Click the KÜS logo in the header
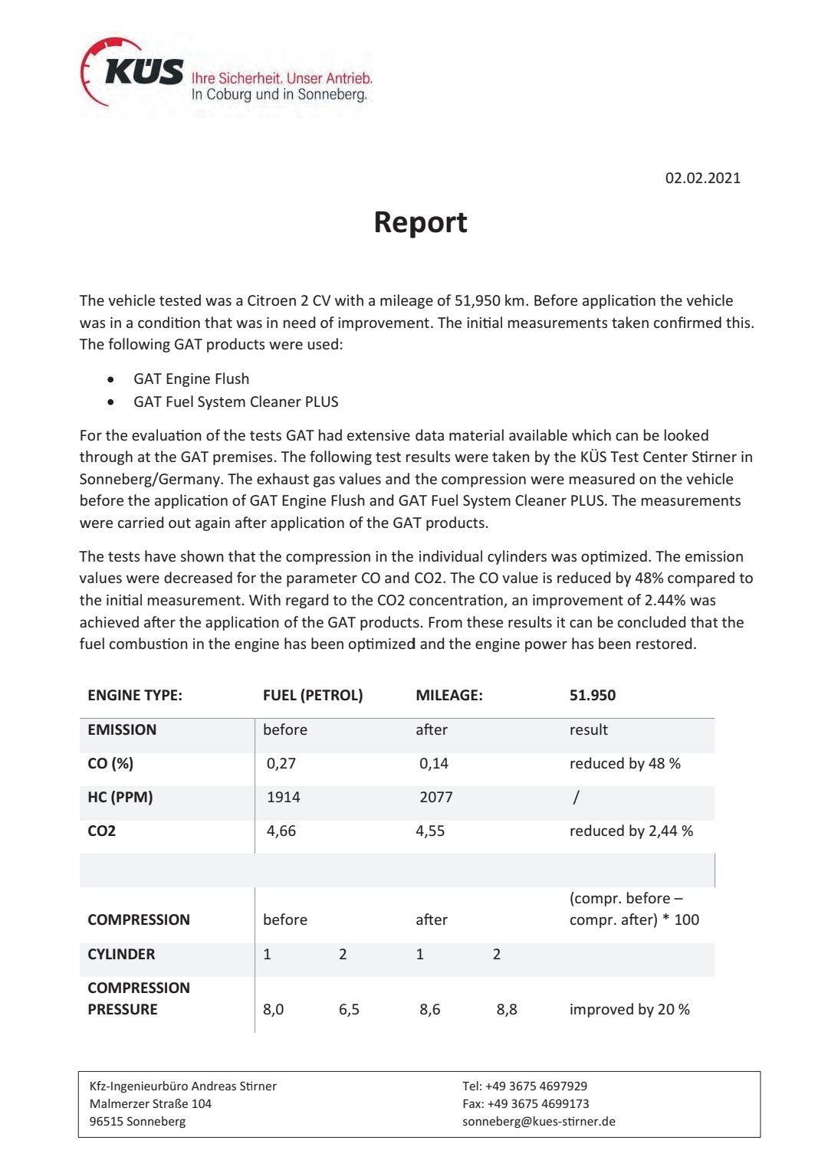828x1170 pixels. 134,73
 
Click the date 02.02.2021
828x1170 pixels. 702,178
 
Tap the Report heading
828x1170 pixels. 420,222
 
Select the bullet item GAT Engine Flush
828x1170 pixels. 191,379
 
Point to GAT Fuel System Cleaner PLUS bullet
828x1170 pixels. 235,401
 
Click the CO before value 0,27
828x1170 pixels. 281,763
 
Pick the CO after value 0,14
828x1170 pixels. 433,763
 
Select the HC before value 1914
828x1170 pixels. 283,797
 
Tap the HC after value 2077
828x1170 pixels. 435,797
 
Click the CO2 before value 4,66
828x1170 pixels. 281,831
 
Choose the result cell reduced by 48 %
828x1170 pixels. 624,763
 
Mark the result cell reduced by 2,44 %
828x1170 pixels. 630,831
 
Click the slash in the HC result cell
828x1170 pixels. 576,797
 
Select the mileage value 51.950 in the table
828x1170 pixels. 592,695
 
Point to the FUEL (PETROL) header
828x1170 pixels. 313,695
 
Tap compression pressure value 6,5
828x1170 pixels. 349,1009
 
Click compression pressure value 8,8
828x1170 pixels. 506,1009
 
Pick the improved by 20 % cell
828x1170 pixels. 629,1009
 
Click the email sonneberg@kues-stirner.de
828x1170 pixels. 538,1121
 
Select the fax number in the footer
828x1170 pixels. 525,1103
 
